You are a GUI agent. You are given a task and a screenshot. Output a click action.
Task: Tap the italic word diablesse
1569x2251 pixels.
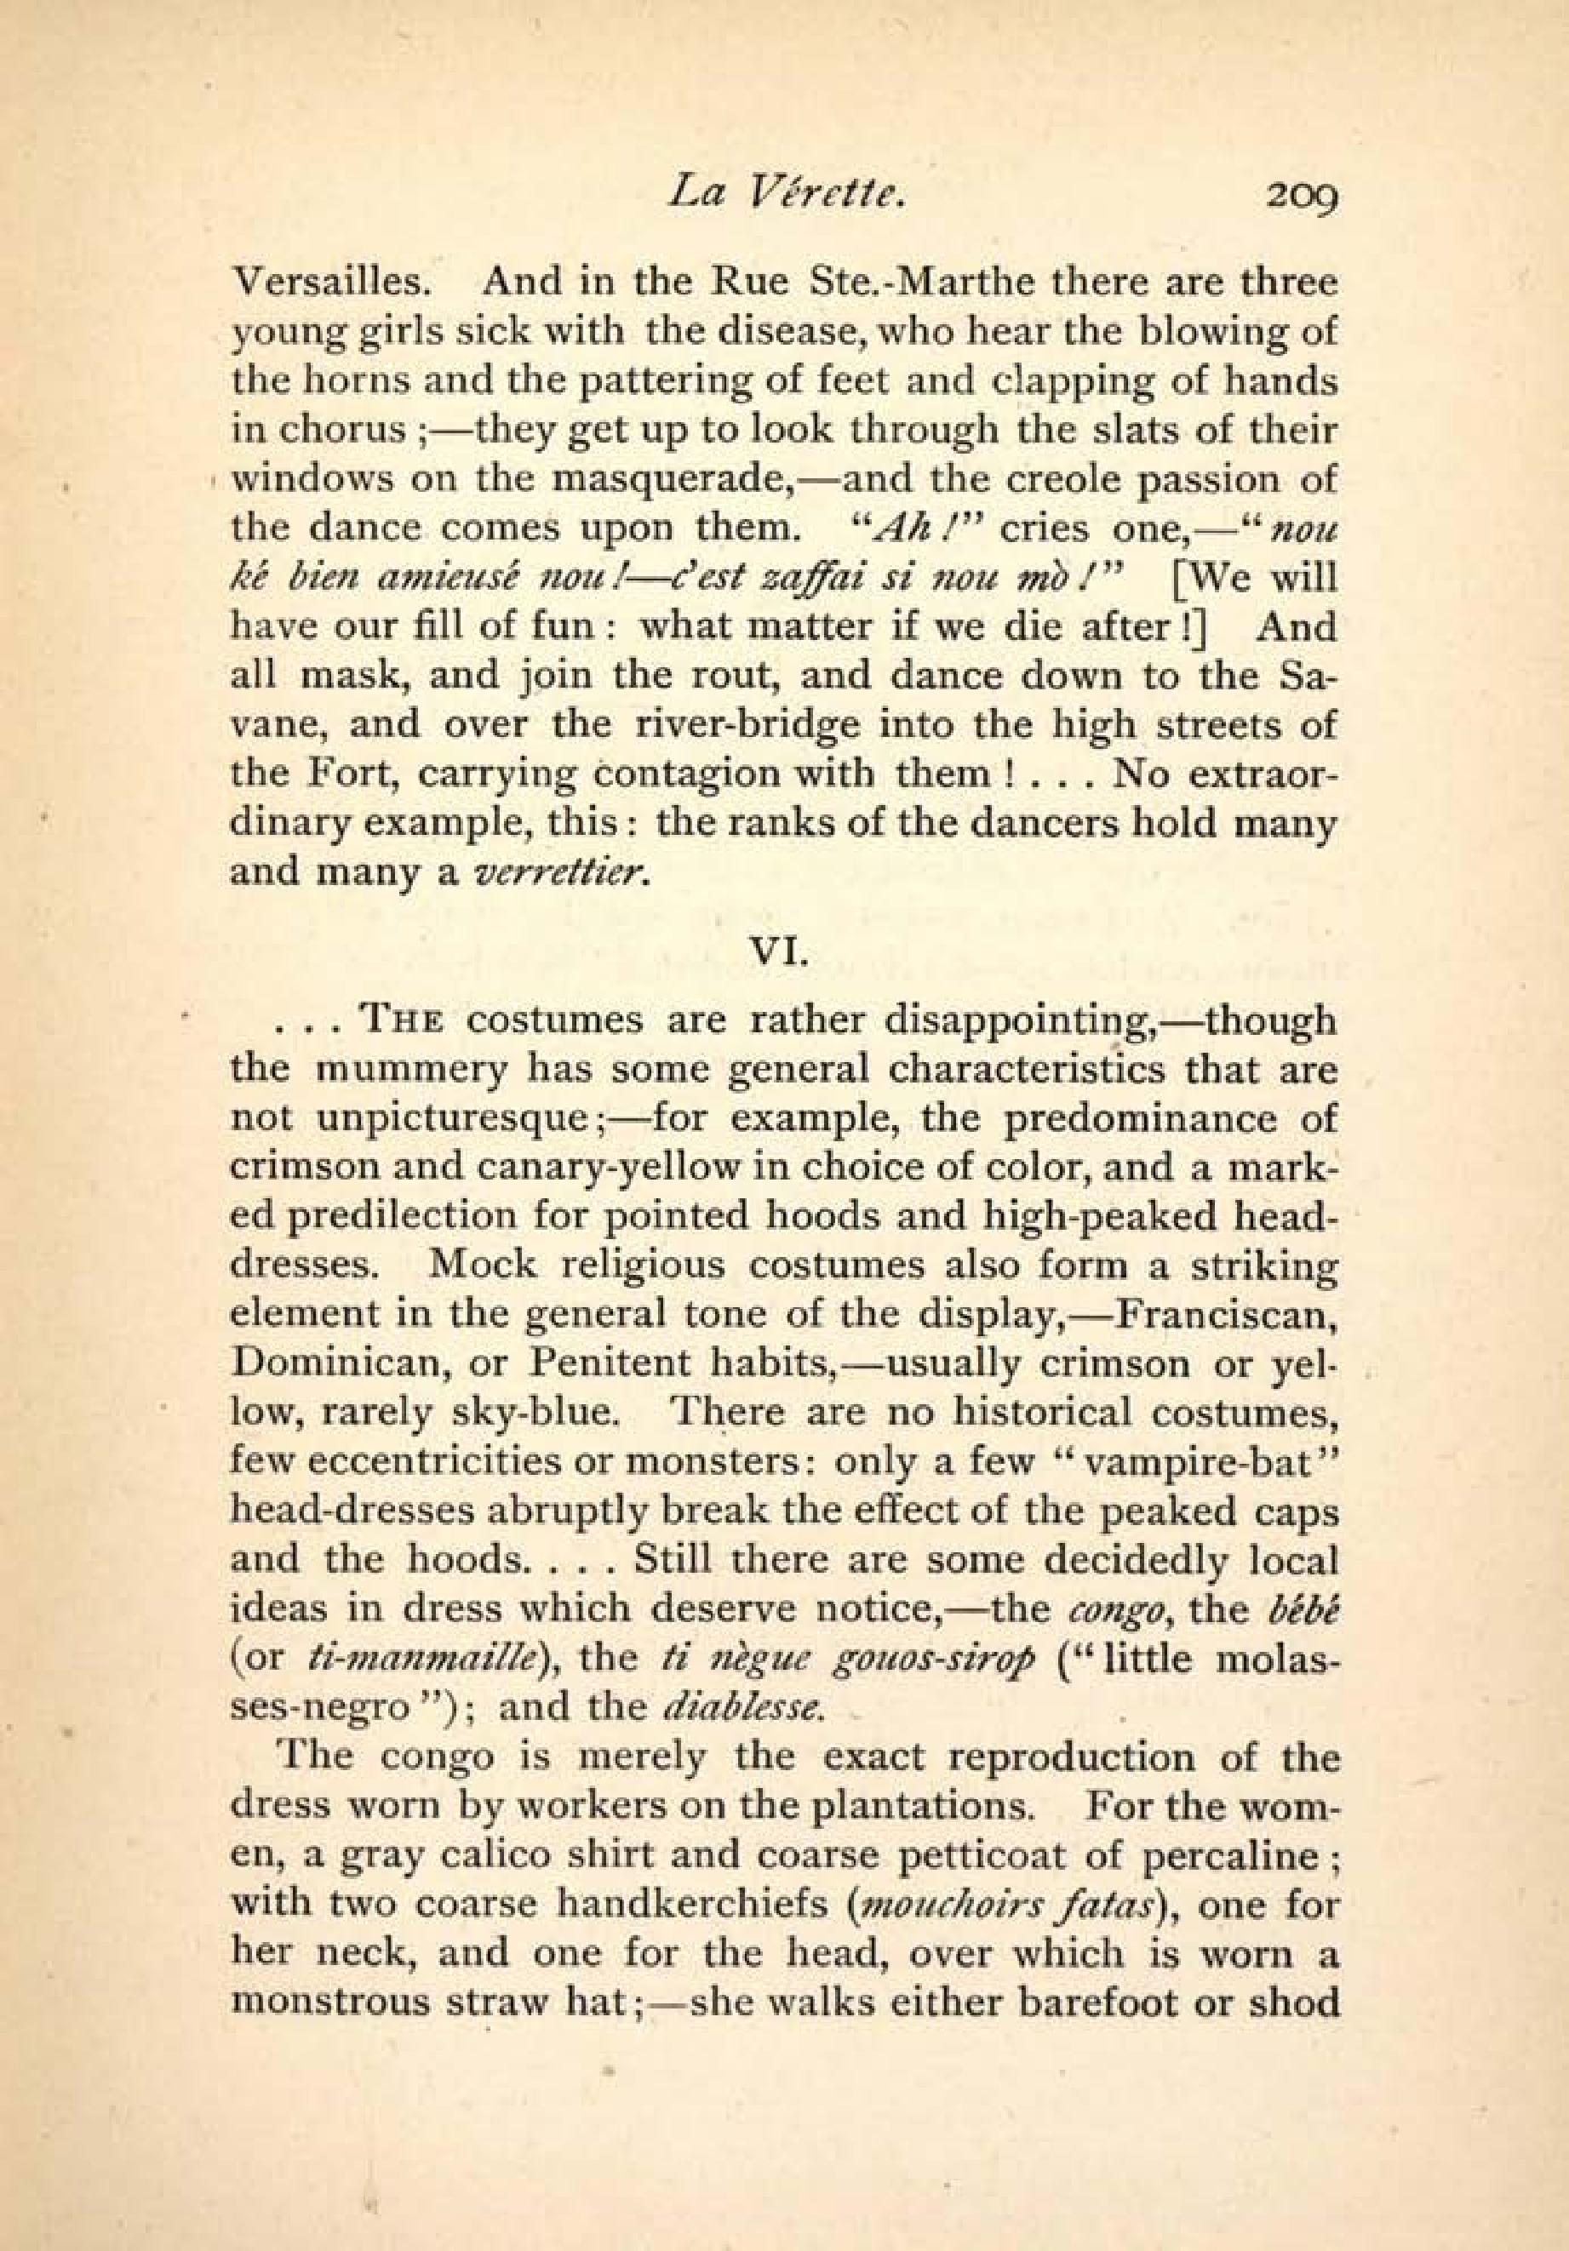[741, 1708]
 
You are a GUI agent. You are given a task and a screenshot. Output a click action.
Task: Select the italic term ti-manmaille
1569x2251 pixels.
[420, 1659]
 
